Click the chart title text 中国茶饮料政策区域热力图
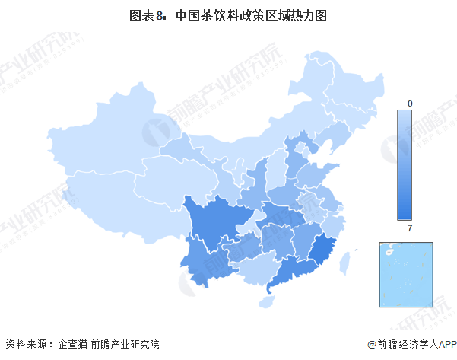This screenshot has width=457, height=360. click(x=251, y=15)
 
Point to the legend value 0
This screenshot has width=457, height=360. click(x=410, y=103)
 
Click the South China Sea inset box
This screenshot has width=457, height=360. click(x=406, y=274)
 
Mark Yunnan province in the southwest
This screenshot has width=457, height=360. click(x=202, y=259)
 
